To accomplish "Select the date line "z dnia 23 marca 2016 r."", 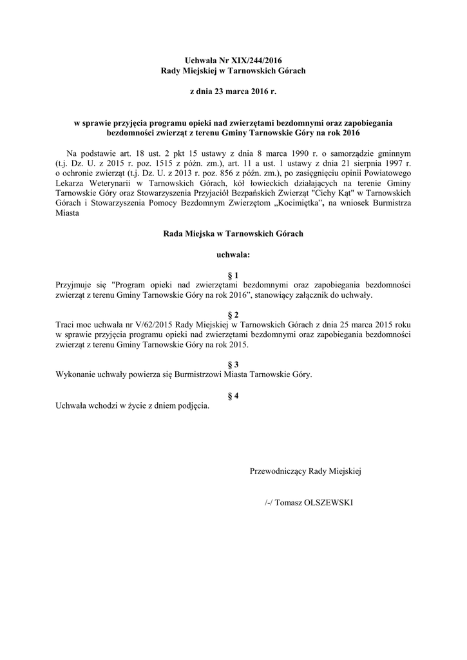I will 233,92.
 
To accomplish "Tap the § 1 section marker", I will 233,275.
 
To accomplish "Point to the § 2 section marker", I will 233,314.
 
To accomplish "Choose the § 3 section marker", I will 233,364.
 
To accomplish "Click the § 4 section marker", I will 233,395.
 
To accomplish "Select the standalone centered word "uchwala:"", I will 233,255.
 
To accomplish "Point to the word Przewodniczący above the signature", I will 278,472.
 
